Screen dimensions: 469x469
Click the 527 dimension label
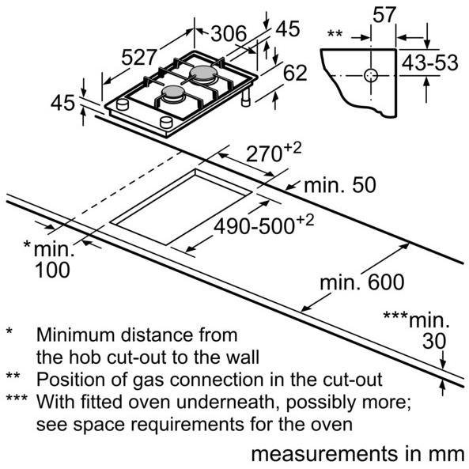click(x=139, y=57)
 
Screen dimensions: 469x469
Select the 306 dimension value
click(x=229, y=33)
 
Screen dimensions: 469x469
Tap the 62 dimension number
click(x=295, y=73)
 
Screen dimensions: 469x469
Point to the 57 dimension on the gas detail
click(x=384, y=14)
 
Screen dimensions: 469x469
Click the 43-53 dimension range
click(x=429, y=62)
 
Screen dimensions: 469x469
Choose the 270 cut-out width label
click(x=264, y=155)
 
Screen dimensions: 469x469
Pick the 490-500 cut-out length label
click(x=254, y=226)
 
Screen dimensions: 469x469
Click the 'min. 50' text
click(x=340, y=185)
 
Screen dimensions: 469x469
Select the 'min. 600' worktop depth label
click(x=362, y=282)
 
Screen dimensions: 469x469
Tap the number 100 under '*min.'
click(x=52, y=270)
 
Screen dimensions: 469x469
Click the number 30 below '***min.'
click(x=434, y=340)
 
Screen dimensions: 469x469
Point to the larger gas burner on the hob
click(x=203, y=74)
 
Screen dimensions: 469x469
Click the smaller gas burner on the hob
click(x=172, y=93)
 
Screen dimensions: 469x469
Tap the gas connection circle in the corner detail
click(x=371, y=75)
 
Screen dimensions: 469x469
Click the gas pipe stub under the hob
click(x=246, y=98)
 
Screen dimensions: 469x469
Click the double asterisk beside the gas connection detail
click(x=335, y=32)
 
